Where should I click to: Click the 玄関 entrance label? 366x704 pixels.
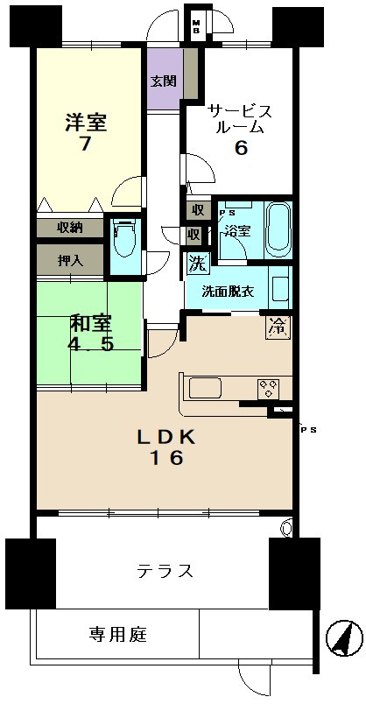click(x=163, y=81)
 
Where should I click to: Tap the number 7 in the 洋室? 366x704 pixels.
click(x=85, y=144)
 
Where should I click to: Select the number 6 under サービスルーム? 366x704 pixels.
click(x=241, y=148)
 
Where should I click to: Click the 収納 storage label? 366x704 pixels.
click(x=69, y=228)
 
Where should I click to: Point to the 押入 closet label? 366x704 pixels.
click(x=69, y=261)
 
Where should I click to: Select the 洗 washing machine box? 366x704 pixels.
click(x=198, y=263)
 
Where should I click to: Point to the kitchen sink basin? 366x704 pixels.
click(x=205, y=388)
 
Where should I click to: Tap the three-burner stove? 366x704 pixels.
click(x=269, y=389)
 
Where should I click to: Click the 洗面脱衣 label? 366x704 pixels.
click(x=228, y=292)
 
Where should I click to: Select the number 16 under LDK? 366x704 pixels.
click(x=166, y=459)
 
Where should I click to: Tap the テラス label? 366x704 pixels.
click(x=165, y=572)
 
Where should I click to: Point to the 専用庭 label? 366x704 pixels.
click(x=117, y=635)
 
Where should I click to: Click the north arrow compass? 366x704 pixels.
click(x=344, y=638)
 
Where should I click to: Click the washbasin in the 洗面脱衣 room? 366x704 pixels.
click(x=280, y=289)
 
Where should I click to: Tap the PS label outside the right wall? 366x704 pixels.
click(x=308, y=430)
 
